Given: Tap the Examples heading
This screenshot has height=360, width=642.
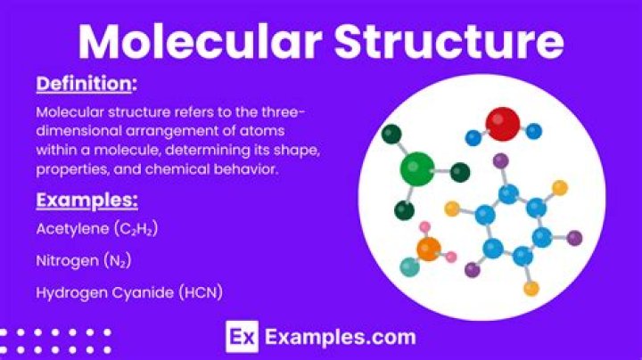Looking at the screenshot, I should point(86,199).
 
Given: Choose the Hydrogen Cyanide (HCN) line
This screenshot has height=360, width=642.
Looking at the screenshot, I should point(128,291).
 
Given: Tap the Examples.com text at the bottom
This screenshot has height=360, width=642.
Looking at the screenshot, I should point(340,338).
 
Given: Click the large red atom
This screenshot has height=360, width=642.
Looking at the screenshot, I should point(503,125).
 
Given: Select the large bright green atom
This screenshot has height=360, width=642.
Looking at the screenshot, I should point(417,168).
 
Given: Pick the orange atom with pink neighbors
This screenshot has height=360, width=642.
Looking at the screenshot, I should point(429,249).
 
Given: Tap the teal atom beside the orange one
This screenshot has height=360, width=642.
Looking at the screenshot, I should point(409,266).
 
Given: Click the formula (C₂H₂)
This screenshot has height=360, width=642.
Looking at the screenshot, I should point(136,229).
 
